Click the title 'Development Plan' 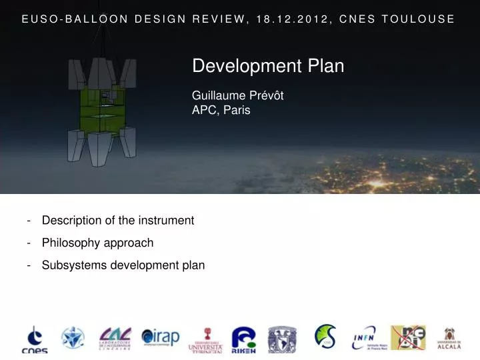click(x=268, y=66)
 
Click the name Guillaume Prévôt click(x=237, y=95)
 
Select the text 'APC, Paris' click(x=221, y=110)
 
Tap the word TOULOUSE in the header click(x=421, y=19)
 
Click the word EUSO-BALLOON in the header click(x=75, y=19)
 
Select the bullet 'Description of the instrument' click(x=117, y=220)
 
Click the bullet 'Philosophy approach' click(x=97, y=243)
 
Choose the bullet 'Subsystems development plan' click(x=123, y=265)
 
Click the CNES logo click(x=34, y=340)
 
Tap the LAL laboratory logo click(x=115, y=339)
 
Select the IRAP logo click(x=161, y=339)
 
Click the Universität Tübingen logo click(x=205, y=340)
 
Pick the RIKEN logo click(x=244, y=340)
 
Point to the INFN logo click(x=363, y=340)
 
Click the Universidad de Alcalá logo click(x=449, y=339)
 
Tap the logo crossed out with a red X click(x=407, y=339)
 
